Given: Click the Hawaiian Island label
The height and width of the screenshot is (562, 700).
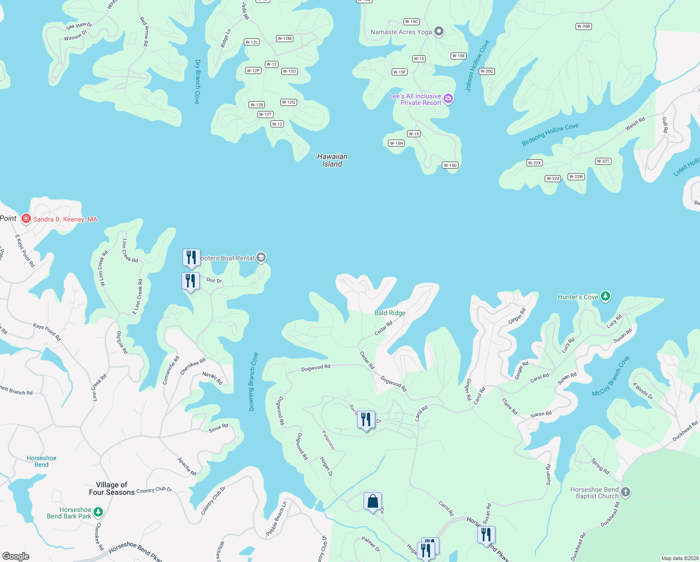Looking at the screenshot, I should coord(332,160).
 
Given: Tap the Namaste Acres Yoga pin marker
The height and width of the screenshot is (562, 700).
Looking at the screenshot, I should coord(438,31).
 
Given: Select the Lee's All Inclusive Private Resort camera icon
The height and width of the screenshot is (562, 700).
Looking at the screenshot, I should coord(448,99).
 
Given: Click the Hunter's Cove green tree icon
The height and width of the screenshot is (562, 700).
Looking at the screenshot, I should coord(605,296).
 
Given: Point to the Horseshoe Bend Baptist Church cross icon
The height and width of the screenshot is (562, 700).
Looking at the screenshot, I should coord(626,492).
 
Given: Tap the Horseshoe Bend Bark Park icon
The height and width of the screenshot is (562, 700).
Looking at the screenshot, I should coord(98,512).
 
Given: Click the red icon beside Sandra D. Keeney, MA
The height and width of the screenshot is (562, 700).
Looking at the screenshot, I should coord(26,219).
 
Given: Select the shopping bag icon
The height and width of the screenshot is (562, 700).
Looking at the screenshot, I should coord(372,502).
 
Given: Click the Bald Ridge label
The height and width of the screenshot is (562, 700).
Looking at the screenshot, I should coord(390,313).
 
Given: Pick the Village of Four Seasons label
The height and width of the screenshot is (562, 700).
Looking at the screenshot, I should coord(112,488).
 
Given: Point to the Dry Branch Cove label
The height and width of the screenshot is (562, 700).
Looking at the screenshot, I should coord(197,81).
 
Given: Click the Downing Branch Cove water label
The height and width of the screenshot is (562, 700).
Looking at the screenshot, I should coord(253,382).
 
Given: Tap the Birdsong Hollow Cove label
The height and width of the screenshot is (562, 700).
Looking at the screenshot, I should coord(550,135).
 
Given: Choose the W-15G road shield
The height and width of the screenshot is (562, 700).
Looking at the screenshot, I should coord(450,165).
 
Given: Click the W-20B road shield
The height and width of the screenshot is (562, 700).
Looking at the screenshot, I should coord(583,26).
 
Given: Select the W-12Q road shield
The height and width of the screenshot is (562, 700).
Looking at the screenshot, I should coord(289,102).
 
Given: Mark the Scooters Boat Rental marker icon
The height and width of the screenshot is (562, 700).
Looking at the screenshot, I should coord(261,258).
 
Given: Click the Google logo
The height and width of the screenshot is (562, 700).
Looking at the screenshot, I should coord(16,556).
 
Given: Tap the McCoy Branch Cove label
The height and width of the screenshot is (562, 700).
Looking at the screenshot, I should coord(611,377).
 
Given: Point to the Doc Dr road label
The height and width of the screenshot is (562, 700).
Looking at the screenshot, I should coord(214,281).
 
